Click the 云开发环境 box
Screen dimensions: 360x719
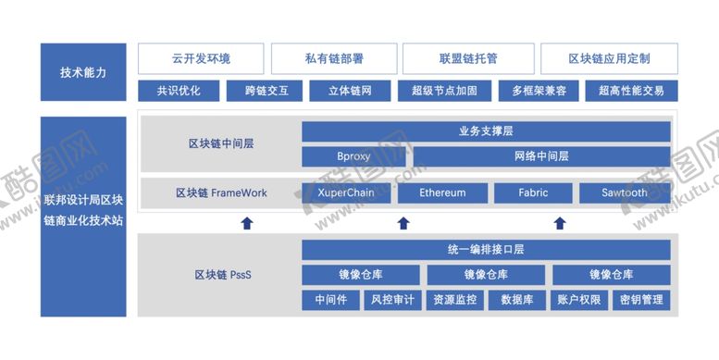(201, 58)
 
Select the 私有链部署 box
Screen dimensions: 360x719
(333, 58)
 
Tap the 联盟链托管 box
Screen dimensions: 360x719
(466, 58)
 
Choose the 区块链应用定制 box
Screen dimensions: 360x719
(608, 58)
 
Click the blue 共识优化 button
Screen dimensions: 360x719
(180, 91)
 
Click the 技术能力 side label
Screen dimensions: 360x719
(83, 71)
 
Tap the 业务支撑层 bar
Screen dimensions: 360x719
(487, 131)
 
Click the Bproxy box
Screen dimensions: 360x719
(354, 156)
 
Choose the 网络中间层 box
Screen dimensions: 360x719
(542, 156)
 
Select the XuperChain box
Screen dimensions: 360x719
(347, 193)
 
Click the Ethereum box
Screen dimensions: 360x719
(442, 193)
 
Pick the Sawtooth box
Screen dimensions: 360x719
(625, 193)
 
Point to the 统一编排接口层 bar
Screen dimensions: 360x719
(487, 250)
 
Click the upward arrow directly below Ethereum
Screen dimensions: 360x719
(403, 222)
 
